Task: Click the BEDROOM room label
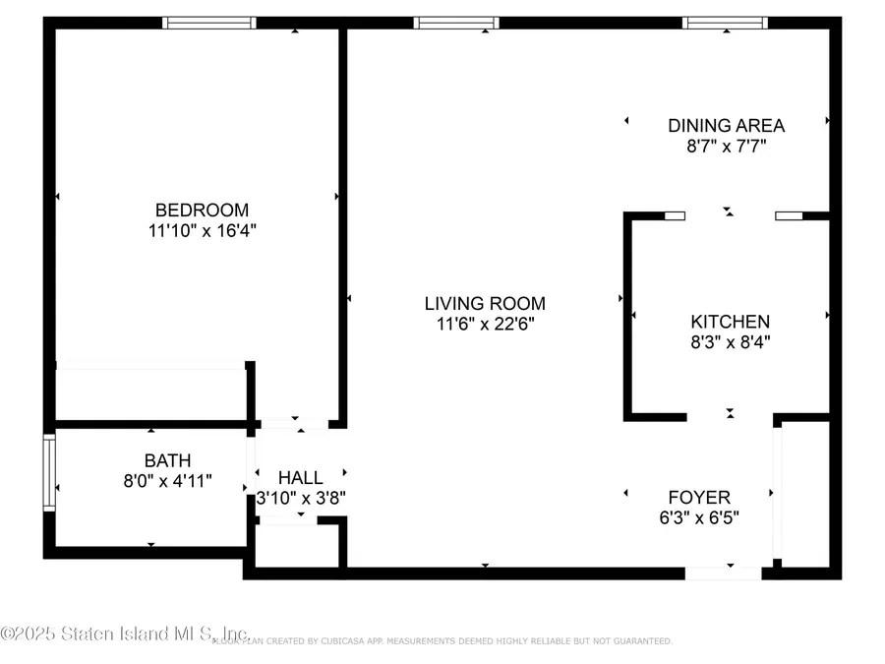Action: (202, 210)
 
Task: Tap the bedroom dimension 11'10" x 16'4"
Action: (202, 230)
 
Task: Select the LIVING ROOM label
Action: (485, 303)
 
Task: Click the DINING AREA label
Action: (726, 125)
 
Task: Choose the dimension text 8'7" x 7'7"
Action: (726, 146)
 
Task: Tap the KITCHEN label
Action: (730, 322)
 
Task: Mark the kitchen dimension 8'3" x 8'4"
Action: (730, 342)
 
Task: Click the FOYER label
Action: (699, 497)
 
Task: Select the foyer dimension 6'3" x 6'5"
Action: (699, 516)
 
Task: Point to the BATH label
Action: (167, 460)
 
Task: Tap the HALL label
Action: (300, 477)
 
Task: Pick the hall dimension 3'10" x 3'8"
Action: (300, 498)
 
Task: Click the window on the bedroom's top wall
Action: (209, 23)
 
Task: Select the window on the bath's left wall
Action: (49, 473)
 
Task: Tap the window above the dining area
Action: (726, 23)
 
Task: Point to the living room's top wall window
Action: (456, 23)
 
